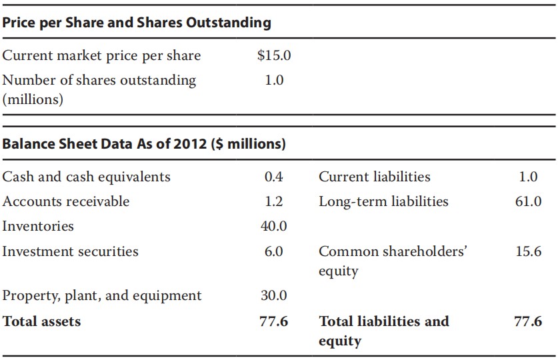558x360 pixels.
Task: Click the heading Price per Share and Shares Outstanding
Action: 137,23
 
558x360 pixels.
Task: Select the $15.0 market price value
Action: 273,56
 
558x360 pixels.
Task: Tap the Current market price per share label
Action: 101,56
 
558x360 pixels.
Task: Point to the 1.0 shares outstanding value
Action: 274,81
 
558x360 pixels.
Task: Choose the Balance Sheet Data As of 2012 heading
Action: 144,144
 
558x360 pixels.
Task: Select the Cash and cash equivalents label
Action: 87,177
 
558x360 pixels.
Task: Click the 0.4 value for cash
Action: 273,177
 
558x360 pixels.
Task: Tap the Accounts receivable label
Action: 66,201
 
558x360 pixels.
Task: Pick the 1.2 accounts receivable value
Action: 273,201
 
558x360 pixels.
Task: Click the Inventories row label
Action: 38,226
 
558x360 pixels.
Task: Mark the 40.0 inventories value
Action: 273,226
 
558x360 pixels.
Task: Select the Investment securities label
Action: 71,251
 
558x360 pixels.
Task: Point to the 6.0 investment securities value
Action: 273,251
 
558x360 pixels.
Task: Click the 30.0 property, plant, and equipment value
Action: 273,295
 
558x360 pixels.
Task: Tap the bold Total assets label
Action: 41,321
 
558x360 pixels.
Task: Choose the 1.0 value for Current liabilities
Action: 527,177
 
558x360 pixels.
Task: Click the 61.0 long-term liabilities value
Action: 527,201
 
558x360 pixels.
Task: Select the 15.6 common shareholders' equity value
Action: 527,251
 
